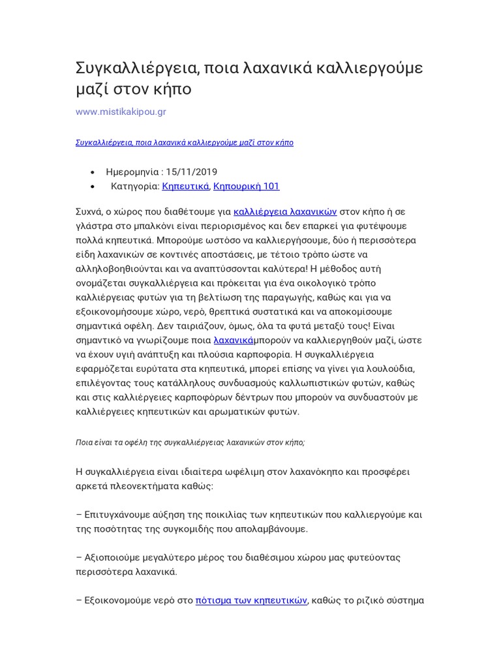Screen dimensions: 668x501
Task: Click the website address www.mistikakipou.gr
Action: coord(121,112)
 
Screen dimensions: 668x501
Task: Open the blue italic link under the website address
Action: coord(185,142)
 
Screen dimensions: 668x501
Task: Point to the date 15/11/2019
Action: coord(192,172)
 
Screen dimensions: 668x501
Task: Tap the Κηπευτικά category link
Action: coord(185,186)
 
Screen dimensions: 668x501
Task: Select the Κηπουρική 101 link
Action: coord(246,186)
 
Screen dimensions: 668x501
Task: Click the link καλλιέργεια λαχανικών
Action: coord(285,211)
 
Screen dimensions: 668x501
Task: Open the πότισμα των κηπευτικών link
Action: coord(251,601)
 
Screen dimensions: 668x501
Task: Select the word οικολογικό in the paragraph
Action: coord(320,282)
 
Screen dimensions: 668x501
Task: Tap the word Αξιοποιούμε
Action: coord(116,558)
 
